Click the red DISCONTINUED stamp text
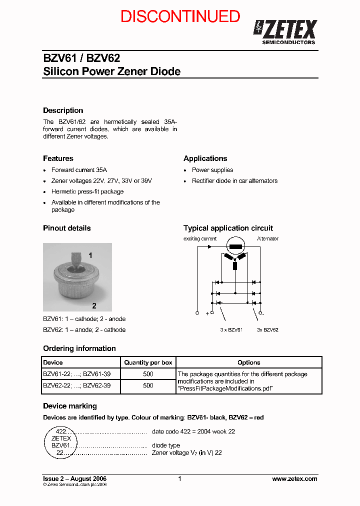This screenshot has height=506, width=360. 180,16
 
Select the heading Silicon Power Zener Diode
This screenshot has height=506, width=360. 111,71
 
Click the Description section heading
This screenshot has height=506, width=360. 63,110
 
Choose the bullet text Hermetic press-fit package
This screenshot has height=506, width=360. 87,191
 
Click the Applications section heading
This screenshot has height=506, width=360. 205,158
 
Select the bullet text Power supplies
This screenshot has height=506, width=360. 212,170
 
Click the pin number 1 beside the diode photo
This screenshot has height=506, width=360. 90,255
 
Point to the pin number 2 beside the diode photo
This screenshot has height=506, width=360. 94,305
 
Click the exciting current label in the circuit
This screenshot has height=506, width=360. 200,239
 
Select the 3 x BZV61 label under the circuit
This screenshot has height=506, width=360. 231,330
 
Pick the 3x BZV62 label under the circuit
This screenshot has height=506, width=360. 267,330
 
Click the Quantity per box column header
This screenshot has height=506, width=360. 148,362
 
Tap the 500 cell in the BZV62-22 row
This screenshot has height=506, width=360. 148,386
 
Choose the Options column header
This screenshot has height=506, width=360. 249,362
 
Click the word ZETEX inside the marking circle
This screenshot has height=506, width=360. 61,438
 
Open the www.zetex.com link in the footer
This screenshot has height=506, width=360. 294,478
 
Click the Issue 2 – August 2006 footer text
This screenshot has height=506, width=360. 74,478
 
